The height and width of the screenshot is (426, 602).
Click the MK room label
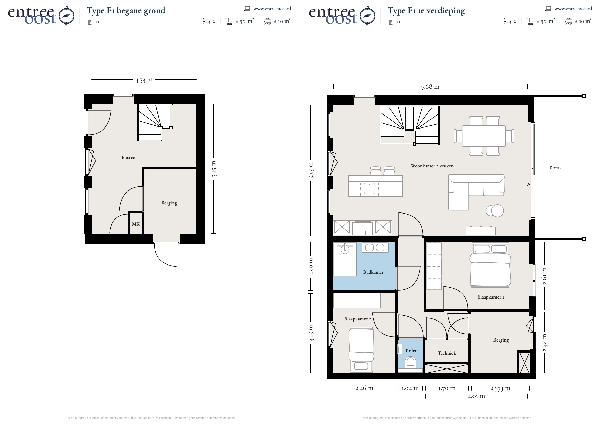pyautogui.click(x=136, y=224)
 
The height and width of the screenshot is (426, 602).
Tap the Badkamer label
pyautogui.click(x=373, y=272)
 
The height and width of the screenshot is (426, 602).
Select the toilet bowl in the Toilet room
pyautogui.click(x=410, y=362)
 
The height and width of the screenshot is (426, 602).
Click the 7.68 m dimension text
pyautogui.click(x=430, y=87)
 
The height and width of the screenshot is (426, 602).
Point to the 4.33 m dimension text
pyautogui.click(x=144, y=80)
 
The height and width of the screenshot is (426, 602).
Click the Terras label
pyautogui.click(x=555, y=168)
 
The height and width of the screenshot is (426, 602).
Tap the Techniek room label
pyautogui.click(x=447, y=353)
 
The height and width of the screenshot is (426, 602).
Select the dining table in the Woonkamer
pyautogui.click(x=484, y=136)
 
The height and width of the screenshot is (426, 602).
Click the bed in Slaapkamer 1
pyautogui.click(x=490, y=265)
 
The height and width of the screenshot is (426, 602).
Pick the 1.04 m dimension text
pyautogui.click(x=410, y=388)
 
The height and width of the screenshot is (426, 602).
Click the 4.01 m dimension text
pyautogui.click(x=476, y=396)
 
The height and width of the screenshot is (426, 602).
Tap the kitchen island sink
pyautogui.click(x=370, y=188)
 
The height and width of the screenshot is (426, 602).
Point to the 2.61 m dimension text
pyautogui.click(x=545, y=276)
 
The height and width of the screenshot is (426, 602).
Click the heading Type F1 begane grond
pyautogui.click(x=126, y=11)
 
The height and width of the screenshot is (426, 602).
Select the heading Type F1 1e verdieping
pyautogui.click(x=426, y=11)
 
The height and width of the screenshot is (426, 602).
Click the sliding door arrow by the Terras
pyautogui.click(x=529, y=189)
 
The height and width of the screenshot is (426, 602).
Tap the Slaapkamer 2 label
pyautogui.click(x=358, y=319)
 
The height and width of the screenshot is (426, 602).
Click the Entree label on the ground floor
pyautogui.click(x=128, y=157)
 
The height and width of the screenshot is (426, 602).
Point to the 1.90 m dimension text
pyautogui.click(x=311, y=267)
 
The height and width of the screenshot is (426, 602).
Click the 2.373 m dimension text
pyautogui.click(x=501, y=388)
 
